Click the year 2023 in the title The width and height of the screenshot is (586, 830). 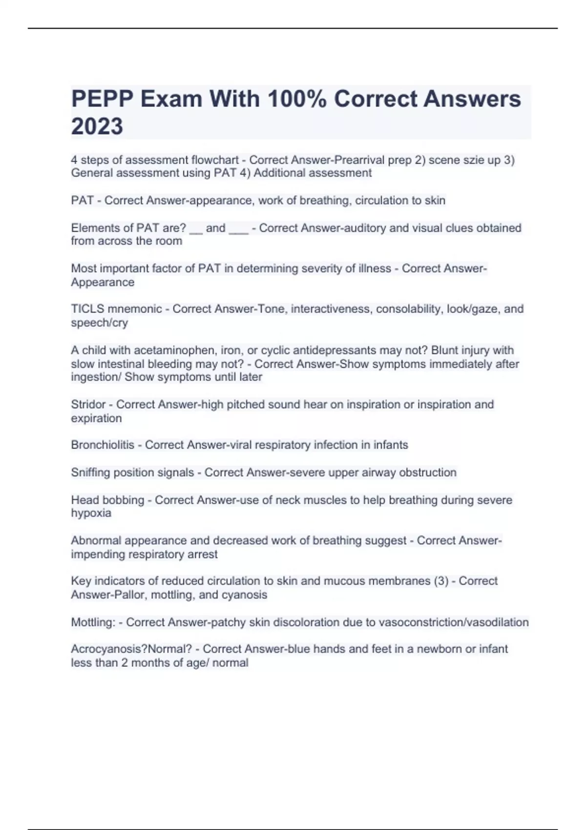97,126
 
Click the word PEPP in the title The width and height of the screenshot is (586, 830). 102,99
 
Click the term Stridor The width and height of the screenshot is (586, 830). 88,405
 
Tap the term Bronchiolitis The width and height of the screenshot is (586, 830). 102,445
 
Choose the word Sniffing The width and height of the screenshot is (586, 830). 90,473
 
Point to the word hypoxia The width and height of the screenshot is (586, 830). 91,513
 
